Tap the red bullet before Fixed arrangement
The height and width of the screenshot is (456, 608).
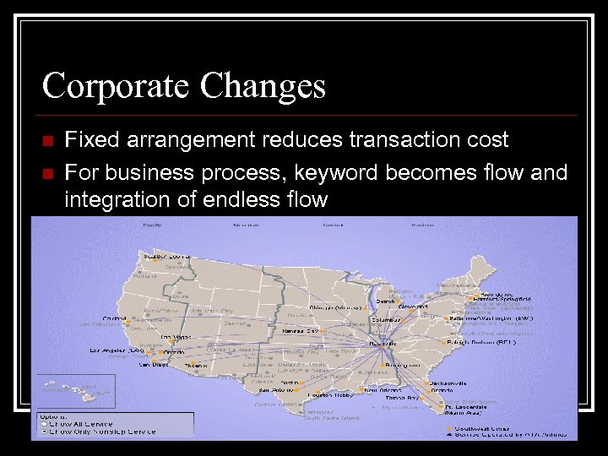click(x=47, y=140)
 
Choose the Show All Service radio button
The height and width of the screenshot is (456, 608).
click(x=45, y=424)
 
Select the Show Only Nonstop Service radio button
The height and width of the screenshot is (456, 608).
click(x=45, y=432)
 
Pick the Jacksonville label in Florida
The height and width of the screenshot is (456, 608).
click(x=449, y=383)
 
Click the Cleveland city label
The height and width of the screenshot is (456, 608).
click(x=415, y=307)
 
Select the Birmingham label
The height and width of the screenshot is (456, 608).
click(x=398, y=365)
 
